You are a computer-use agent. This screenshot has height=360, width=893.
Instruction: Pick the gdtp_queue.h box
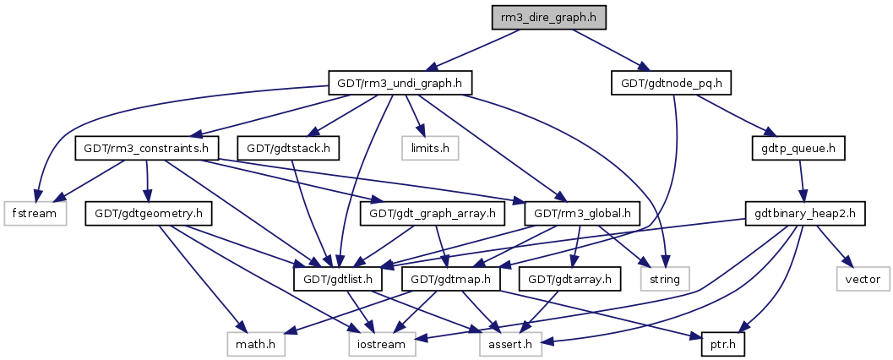click(x=799, y=148)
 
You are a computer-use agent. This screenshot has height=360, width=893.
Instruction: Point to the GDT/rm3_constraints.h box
click(x=147, y=148)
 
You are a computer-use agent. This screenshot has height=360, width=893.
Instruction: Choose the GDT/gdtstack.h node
click(x=289, y=148)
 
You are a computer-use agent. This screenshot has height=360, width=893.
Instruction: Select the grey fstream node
click(x=35, y=213)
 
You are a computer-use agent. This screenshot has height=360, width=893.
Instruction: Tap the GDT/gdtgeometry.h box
click(x=148, y=213)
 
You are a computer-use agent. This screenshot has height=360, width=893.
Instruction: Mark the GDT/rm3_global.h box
click(x=582, y=213)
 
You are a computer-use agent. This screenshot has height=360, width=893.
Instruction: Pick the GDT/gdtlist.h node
click(x=339, y=278)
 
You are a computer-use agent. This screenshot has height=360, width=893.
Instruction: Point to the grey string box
click(x=666, y=278)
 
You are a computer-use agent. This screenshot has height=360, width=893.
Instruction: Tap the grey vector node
click(x=862, y=278)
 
